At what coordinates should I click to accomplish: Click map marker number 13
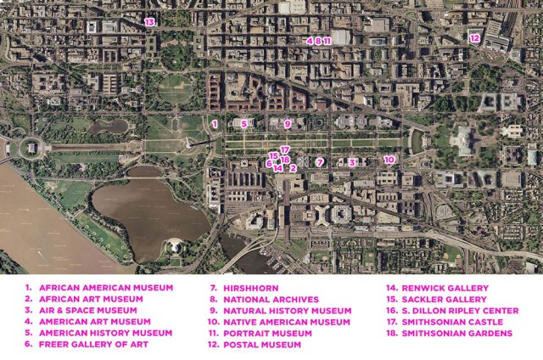tap(149, 21)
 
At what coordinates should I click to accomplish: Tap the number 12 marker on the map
tap(475, 37)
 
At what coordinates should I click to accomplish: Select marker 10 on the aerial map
tap(389, 159)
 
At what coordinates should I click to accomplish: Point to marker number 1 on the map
tap(216, 124)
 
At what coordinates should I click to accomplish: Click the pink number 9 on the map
tap(288, 124)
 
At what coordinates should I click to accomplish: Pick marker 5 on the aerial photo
tap(244, 124)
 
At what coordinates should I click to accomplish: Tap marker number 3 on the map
tap(351, 161)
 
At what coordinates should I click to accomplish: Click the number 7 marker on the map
tap(320, 161)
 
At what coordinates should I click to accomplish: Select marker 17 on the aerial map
tap(285, 149)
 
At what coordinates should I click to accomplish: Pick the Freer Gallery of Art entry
tap(93, 345)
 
